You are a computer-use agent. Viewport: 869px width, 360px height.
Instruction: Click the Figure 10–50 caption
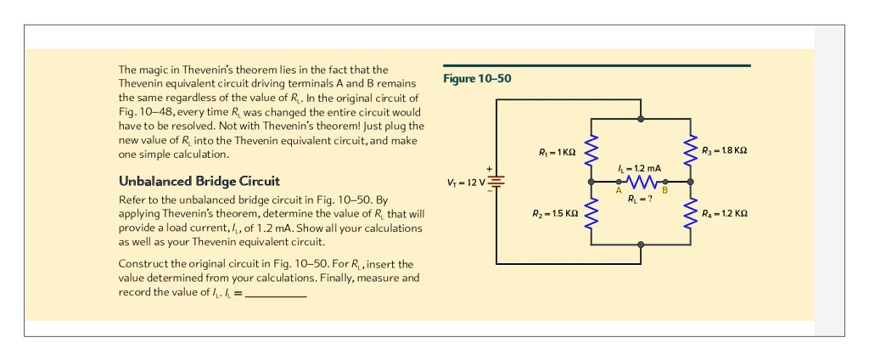click(478, 79)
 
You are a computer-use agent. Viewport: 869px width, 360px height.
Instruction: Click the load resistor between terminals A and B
click(642, 182)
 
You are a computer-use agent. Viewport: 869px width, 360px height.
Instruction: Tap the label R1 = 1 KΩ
click(558, 152)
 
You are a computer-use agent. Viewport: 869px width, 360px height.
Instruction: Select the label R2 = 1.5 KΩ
click(555, 213)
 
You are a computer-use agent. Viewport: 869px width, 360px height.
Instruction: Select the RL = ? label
click(640, 200)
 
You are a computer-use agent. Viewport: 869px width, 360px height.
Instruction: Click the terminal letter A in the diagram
click(619, 191)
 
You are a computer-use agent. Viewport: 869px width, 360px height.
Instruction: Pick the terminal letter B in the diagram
click(665, 191)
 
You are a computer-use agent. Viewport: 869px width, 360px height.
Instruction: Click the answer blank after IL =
click(275, 293)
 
